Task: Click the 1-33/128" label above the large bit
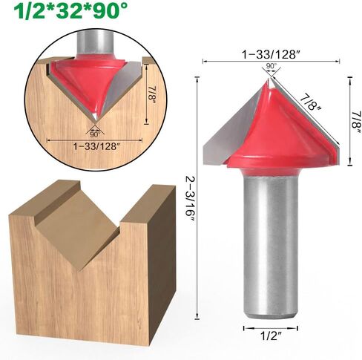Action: tap(270, 53)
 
